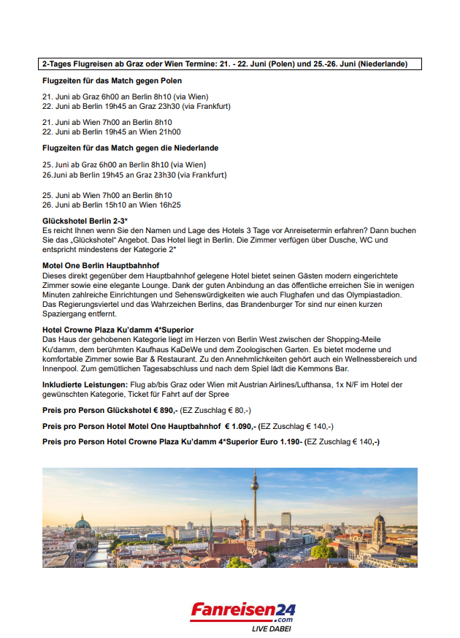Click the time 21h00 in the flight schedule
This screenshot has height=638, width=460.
coord(171,132)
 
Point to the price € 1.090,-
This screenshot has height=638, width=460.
coord(242,426)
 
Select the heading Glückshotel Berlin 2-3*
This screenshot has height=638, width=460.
coord(85,220)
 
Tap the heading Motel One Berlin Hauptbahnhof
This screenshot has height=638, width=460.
coord(101,265)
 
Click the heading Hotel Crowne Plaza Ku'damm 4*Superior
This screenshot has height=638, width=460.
coord(118,330)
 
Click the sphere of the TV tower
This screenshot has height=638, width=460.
coord(255,483)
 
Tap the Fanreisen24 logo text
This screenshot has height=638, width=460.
coord(243,609)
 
